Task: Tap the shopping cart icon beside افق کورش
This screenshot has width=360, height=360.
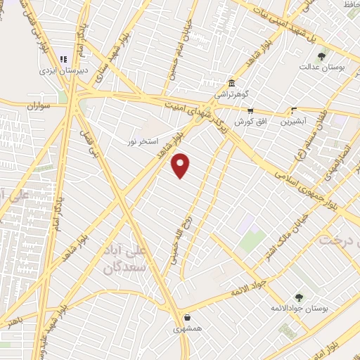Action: [250, 110]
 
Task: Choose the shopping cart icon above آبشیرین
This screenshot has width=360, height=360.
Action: [295, 110]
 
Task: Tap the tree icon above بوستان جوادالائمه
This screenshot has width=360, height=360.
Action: [299, 297]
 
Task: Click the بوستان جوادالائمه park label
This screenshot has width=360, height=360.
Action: [292, 308]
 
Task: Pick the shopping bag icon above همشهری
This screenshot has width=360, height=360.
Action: [188, 317]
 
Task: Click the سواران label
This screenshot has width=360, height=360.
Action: [41, 107]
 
